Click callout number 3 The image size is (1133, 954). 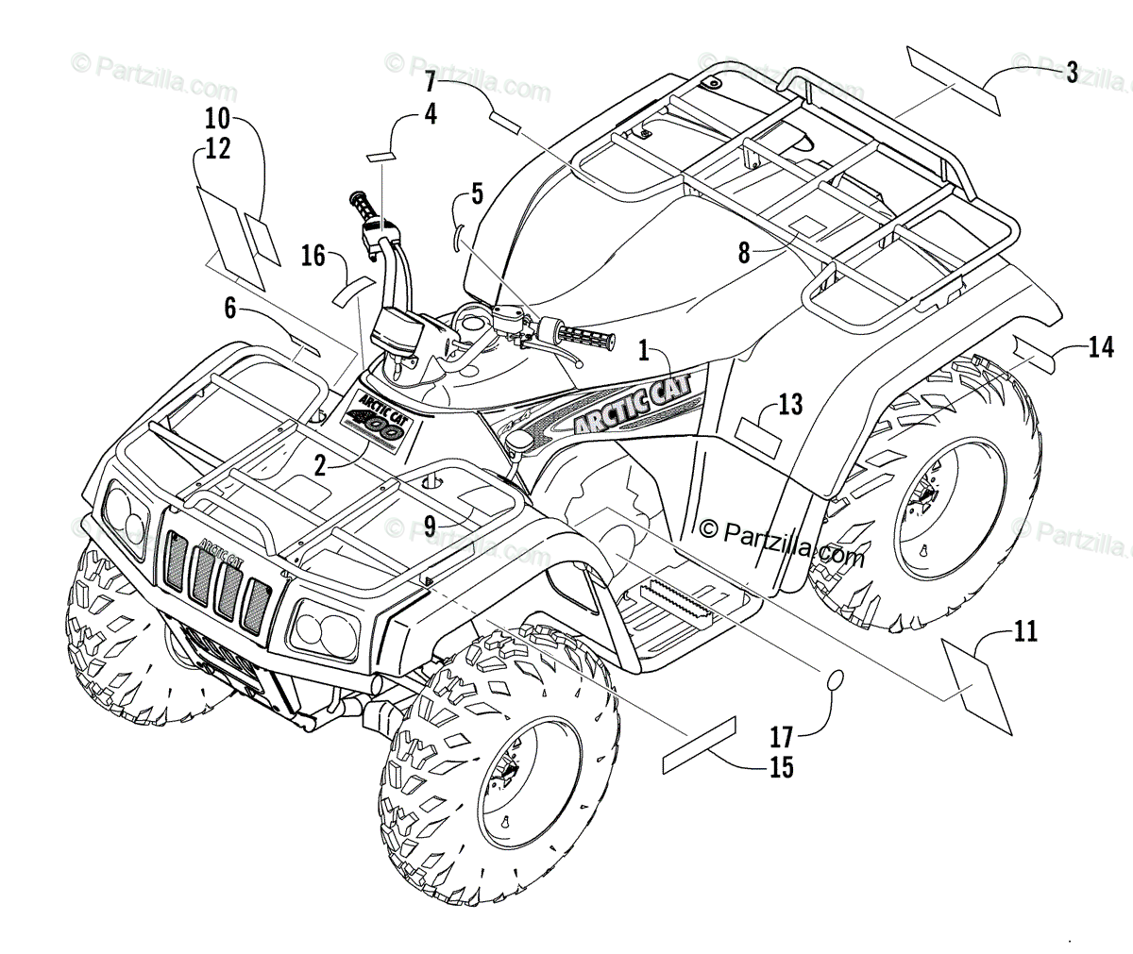[1072, 72]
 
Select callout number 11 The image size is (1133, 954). [1025, 631]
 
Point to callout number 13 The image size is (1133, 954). [790, 405]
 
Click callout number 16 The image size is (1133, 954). [313, 255]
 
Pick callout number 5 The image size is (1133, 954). [477, 195]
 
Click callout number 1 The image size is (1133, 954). [644, 351]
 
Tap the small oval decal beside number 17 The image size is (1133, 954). [835, 681]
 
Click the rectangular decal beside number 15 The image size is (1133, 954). [700, 745]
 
